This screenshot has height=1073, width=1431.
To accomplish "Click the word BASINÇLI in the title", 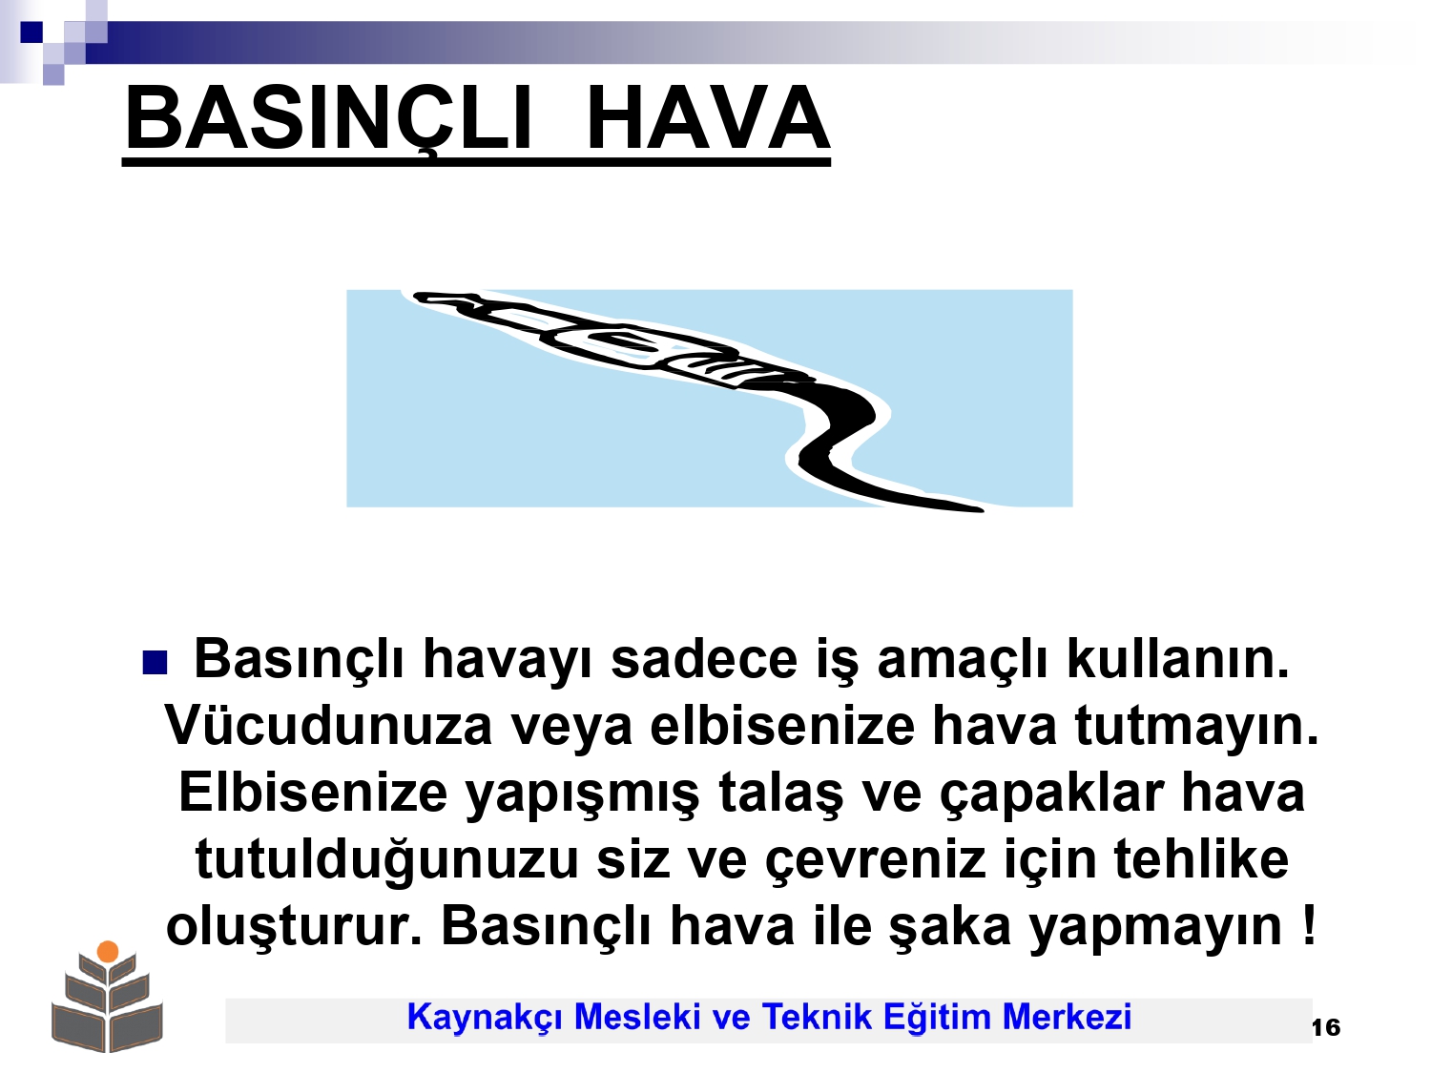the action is point(328,120).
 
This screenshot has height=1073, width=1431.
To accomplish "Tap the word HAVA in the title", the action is point(708,118).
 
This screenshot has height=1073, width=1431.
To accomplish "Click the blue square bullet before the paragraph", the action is point(155,663).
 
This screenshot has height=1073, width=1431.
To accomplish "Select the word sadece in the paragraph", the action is point(704,659).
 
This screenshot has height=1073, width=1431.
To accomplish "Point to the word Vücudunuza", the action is point(328,725).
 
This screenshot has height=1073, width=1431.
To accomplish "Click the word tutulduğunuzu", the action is point(386,861).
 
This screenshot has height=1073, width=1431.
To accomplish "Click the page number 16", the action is point(1325,1028).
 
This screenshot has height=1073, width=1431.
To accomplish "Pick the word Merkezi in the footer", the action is point(1067,1017).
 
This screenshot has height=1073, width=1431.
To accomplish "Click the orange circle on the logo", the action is point(108,952).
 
